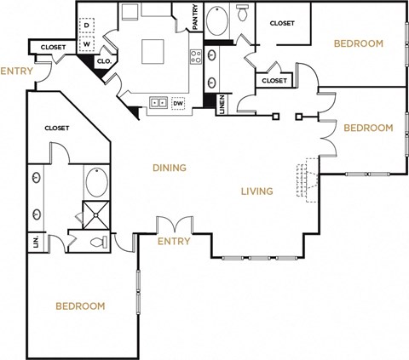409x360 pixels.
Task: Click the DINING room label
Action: (169, 168)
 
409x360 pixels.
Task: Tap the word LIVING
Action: (256, 191)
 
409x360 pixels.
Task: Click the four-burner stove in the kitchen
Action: (195, 58)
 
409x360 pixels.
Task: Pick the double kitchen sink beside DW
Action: (158, 102)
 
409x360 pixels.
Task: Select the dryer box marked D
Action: (87, 26)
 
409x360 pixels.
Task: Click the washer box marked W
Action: (87, 44)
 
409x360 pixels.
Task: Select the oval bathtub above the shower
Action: (93, 183)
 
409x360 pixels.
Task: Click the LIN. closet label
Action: (36, 242)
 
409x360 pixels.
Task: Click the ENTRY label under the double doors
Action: (173, 242)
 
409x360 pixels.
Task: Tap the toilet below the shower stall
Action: (101, 243)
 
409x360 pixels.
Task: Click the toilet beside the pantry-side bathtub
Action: (242, 14)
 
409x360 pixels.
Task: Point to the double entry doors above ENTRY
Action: (173, 225)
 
